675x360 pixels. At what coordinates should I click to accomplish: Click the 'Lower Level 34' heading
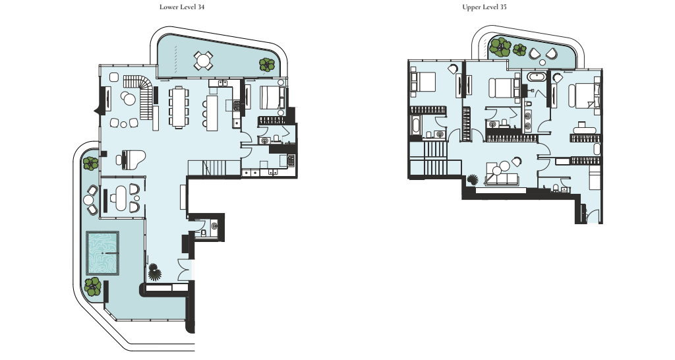[182, 7]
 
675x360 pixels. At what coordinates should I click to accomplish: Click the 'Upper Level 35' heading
[484, 7]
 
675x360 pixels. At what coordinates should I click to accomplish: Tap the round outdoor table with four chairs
[203, 60]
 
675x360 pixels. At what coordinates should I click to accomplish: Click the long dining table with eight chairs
[178, 107]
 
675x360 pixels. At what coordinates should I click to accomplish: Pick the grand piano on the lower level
[131, 160]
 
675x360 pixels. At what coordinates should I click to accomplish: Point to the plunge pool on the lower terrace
[102, 253]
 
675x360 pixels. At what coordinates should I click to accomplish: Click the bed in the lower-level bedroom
[271, 98]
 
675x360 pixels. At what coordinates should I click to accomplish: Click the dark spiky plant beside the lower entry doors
[154, 272]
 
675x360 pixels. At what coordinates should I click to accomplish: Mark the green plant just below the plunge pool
[92, 287]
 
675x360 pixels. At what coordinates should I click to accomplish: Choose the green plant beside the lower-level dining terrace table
[267, 65]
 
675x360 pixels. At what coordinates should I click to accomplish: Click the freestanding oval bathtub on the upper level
[537, 78]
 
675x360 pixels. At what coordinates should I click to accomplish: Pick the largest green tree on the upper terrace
[501, 47]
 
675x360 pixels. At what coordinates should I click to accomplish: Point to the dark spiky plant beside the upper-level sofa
[473, 179]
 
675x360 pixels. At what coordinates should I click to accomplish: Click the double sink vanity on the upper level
[528, 121]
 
